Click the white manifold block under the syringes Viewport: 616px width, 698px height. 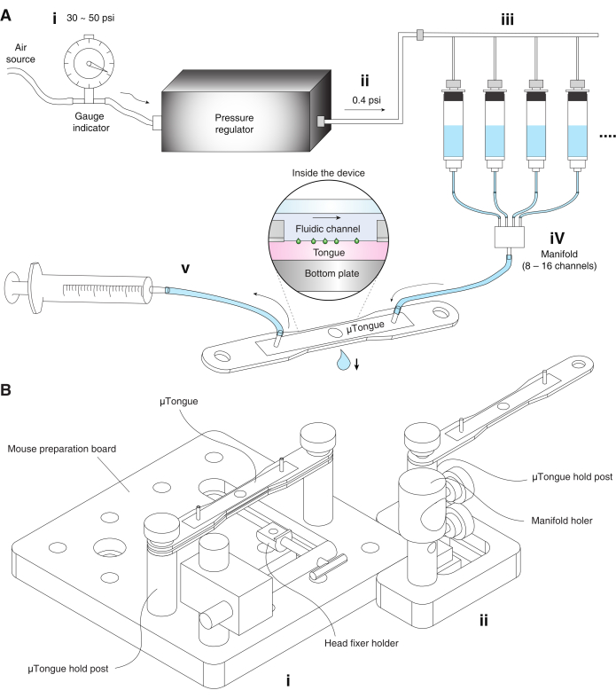coord(506,237)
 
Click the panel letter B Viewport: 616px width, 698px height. coord(8,388)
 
